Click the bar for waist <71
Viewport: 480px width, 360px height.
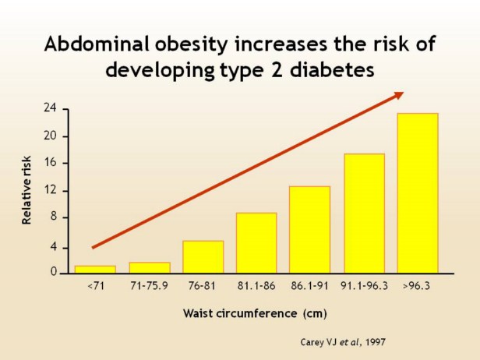click(x=95, y=270)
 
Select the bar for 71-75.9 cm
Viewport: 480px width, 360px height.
click(x=149, y=267)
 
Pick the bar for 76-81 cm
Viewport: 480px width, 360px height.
click(x=203, y=256)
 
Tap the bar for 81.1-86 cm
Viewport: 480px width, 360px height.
click(x=256, y=242)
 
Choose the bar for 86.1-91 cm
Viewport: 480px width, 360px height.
click(x=310, y=229)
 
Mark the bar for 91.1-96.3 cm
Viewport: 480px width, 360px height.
click(x=364, y=213)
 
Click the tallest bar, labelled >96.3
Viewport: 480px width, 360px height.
click(x=418, y=192)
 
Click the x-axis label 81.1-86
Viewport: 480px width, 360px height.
click(x=256, y=286)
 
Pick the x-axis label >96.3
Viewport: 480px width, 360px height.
click(x=418, y=286)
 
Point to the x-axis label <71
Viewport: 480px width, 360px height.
click(x=95, y=286)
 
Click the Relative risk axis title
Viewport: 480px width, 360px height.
click(x=27, y=190)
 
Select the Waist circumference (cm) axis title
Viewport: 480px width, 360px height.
click(x=255, y=314)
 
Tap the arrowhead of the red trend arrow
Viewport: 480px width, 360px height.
click(x=398, y=95)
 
